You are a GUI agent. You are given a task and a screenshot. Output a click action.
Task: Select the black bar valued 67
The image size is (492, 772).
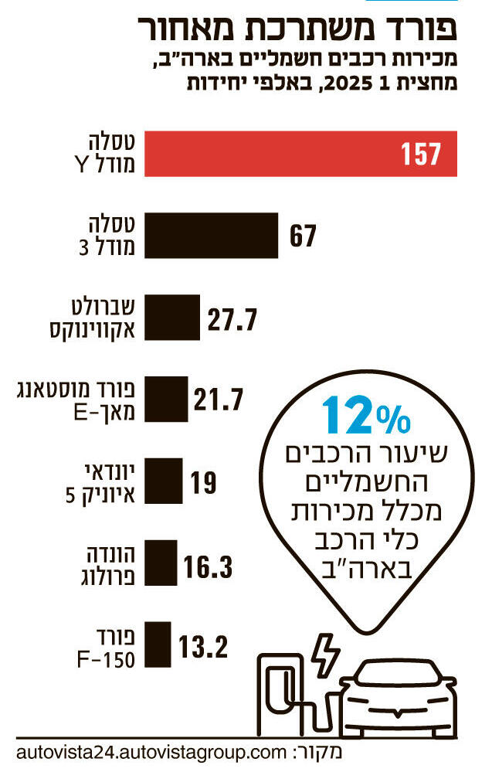click(x=211, y=236)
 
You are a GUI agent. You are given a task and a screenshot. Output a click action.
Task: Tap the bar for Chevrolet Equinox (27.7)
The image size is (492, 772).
click(x=171, y=317)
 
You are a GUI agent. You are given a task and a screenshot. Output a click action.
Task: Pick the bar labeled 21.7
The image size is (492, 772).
click(x=165, y=399)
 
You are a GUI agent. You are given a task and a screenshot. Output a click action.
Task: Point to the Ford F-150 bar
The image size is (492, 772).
click(x=158, y=644)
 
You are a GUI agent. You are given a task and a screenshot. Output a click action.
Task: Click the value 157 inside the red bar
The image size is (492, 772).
click(x=420, y=155)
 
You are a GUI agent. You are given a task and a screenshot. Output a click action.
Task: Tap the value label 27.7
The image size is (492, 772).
click(x=232, y=318)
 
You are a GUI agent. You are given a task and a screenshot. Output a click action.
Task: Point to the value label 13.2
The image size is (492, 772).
click(x=203, y=644)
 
